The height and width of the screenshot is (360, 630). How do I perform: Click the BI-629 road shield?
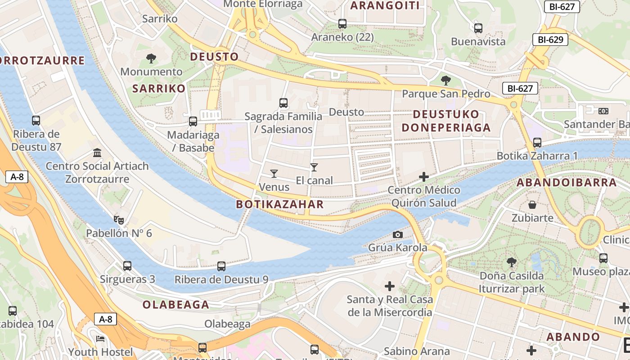click(550, 40)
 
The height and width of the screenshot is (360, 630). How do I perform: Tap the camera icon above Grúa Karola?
click(397, 234)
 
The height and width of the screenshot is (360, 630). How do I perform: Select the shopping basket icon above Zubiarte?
click(532, 205)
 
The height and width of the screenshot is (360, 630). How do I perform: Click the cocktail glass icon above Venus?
click(274, 173)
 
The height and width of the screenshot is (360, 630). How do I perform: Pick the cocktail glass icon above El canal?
click(314, 167)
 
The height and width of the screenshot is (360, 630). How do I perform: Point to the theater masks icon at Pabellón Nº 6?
click(119, 220)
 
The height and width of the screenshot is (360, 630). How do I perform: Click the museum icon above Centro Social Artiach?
click(97, 153)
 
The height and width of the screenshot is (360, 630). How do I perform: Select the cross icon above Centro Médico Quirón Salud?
click(423, 177)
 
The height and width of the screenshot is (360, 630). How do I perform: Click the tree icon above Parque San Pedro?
click(446, 81)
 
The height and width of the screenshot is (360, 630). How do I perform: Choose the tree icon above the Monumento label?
click(151, 58)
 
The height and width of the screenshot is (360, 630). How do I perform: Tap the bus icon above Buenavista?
click(478, 28)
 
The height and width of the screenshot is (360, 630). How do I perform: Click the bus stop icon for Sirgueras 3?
click(127, 265)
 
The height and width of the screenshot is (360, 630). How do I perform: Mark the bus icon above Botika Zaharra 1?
click(537, 143)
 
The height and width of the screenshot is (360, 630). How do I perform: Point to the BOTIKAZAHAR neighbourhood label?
click(280, 204)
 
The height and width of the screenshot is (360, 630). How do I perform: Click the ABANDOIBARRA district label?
click(567, 183)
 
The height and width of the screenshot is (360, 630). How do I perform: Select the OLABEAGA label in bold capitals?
click(176, 305)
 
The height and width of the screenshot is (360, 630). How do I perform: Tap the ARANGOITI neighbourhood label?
click(385, 5)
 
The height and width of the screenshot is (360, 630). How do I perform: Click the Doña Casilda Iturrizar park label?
click(512, 282)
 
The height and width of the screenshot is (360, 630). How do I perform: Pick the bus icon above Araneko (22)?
click(342, 24)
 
